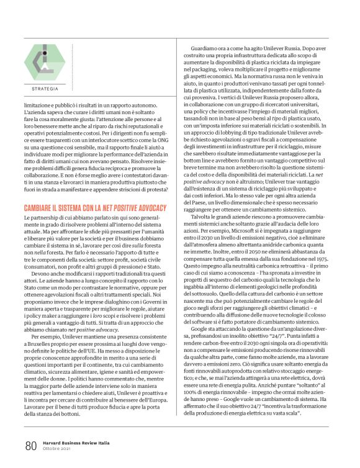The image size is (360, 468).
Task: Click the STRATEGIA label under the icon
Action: coord(44,89)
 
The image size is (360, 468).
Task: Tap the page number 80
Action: coord(31,446)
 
